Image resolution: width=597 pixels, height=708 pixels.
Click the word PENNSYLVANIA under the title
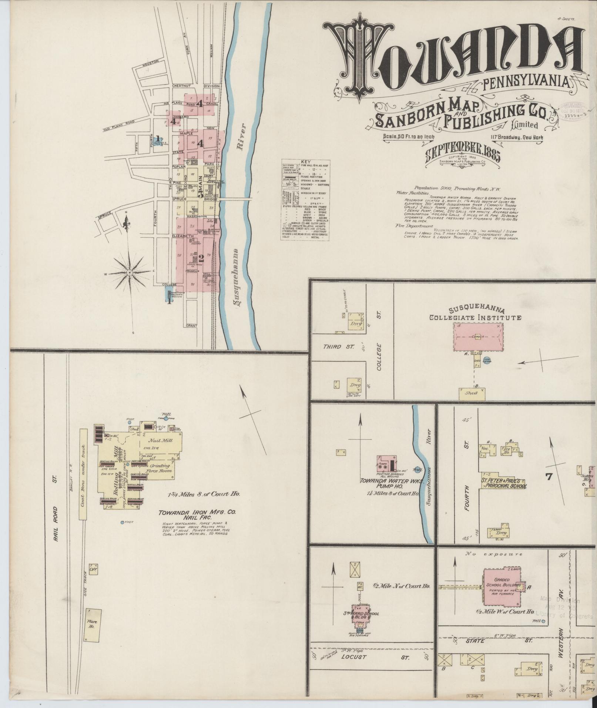click(527, 84)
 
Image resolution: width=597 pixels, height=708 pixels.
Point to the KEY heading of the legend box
click(305, 162)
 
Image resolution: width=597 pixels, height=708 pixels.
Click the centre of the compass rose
click(130, 273)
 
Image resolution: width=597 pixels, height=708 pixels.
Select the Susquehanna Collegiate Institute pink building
click(478, 336)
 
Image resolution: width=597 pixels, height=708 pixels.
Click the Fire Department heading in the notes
click(415, 225)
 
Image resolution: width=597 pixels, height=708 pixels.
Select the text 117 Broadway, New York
click(517, 138)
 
